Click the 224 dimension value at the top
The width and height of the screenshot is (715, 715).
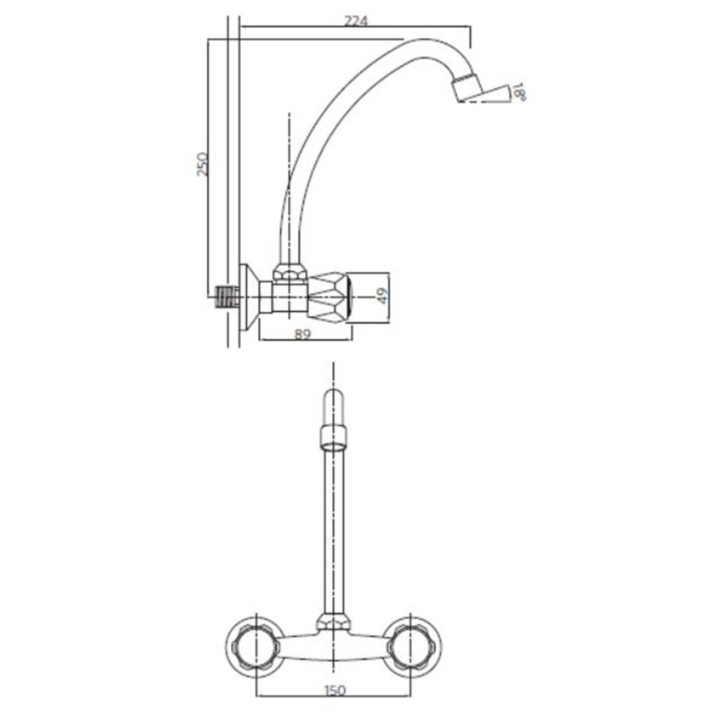click(356, 21)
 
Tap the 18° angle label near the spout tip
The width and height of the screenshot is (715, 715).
click(520, 91)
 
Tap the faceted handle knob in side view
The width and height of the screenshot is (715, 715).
click(330, 295)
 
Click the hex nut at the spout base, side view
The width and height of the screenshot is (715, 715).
click(290, 271)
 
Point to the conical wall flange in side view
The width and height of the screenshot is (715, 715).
click(248, 297)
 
